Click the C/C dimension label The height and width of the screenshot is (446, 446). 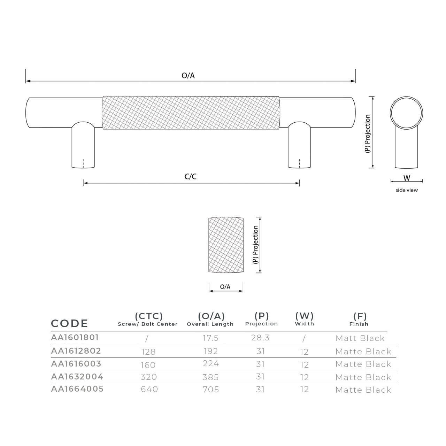(191, 177)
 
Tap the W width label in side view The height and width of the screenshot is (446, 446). (407, 178)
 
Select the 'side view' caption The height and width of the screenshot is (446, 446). (407, 190)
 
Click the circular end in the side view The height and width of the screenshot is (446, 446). (406, 114)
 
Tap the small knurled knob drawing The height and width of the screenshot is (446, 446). (226, 245)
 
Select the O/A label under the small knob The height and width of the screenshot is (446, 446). (225, 287)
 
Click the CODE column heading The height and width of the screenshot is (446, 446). (70, 323)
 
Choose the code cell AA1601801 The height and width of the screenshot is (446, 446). (75, 337)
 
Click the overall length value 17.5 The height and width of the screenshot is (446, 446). (210, 338)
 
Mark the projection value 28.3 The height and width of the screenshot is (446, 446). (260, 338)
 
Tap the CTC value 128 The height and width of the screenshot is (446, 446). (148, 352)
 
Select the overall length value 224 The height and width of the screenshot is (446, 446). (211, 364)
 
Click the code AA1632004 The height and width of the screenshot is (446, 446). (77, 377)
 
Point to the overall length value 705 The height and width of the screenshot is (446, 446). (211, 390)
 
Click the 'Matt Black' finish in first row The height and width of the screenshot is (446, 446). (360, 338)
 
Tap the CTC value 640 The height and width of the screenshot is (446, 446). (149, 389)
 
